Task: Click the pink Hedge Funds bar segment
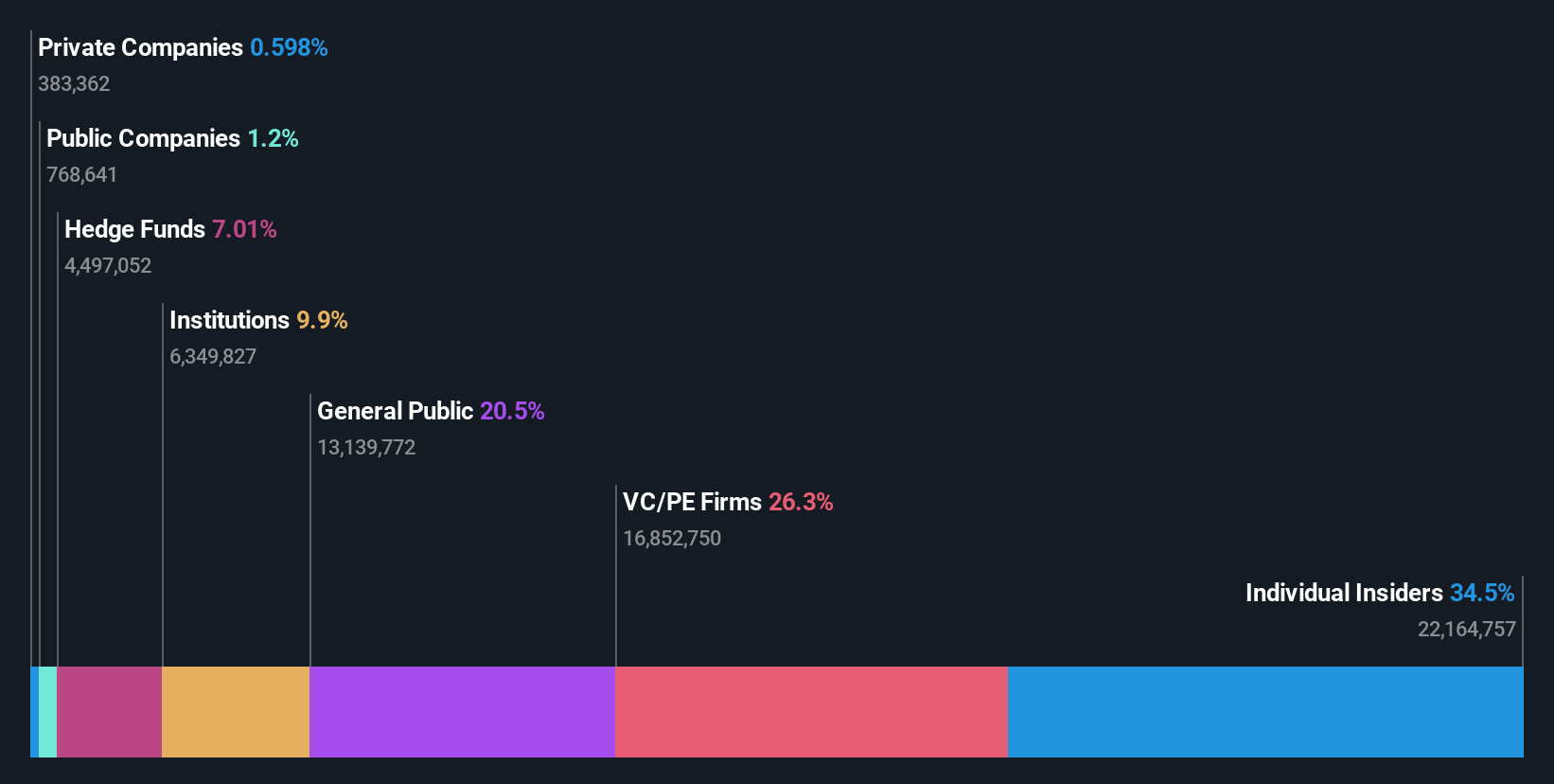click(x=109, y=711)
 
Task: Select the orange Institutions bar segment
click(x=236, y=711)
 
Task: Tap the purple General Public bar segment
click(x=462, y=711)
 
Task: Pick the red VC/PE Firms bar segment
click(x=811, y=711)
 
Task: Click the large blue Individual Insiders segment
click(x=1265, y=711)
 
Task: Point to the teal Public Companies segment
click(x=47, y=711)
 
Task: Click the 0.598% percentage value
click(x=289, y=47)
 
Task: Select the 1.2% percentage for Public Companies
click(x=273, y=138)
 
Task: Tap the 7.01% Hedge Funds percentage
click(x=244, y=229)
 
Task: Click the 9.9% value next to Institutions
click(x=322, y=320)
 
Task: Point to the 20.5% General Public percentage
click(x=512, y=411)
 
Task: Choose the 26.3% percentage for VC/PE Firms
click(x=801, y=502)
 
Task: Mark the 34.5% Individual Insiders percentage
click(x=1482, y=593)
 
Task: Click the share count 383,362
click(x=74, y=84)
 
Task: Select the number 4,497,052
click(x=108, y=266)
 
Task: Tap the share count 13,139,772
click(x=366, y=448)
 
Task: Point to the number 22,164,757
click(x=1466, y=630)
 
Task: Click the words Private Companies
click(x=140, y=47)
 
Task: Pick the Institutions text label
click(x=229, y=320)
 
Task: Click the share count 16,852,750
click(x=672, y=539)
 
